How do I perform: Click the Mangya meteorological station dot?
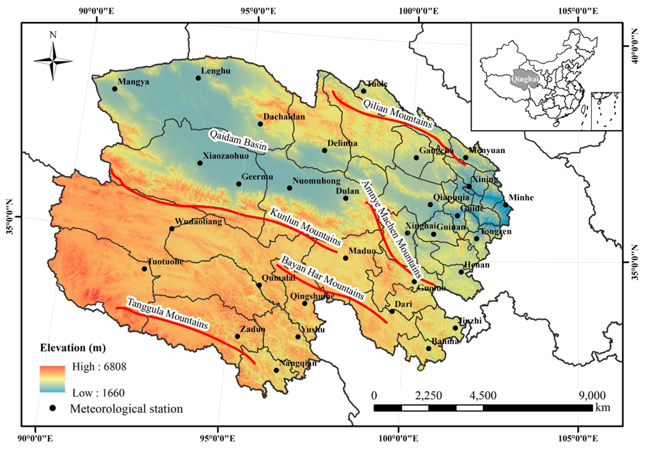[115, 89]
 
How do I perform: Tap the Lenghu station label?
[215, 71]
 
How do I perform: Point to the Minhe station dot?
[505, 205]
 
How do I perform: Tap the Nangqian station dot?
[276, 370]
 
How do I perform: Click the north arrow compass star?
[53, 61]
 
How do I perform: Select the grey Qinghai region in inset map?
[524, 79]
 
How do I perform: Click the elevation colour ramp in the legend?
[53, 379]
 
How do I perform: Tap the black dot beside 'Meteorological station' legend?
[53, 408]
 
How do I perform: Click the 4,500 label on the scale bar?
[483, 395]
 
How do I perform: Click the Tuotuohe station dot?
[144, 269]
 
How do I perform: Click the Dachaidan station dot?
[260, 124]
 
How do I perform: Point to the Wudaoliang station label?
[198, 222]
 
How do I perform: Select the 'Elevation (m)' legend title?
[73, 348]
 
